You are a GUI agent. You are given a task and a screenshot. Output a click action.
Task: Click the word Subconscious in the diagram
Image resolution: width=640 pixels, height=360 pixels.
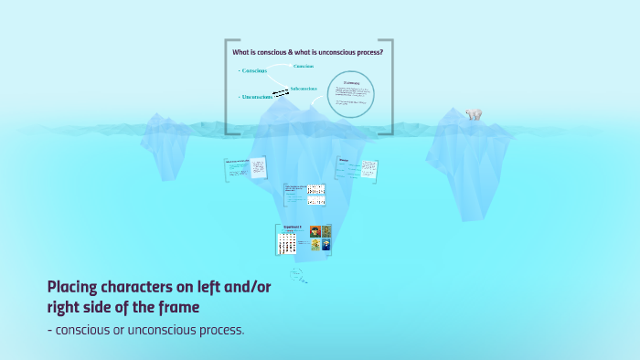pyautogui.click(x=304, y=89)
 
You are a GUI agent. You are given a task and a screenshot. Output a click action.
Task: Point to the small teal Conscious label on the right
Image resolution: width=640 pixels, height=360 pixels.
pyautogui.click(x=304, y=66)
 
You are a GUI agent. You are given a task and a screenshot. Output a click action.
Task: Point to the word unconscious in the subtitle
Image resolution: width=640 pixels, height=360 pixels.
pyautogui.click(x=169, y=329)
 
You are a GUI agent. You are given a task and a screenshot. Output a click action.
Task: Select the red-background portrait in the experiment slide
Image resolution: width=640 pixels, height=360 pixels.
pyautogui.click(x=315, y=232)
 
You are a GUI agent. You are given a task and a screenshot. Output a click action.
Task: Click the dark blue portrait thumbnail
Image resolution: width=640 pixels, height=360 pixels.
pyautogui.click(x=326, y=244)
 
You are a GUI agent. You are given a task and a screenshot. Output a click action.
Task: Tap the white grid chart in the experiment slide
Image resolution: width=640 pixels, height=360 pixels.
pyautogui.click(x=287, y=242)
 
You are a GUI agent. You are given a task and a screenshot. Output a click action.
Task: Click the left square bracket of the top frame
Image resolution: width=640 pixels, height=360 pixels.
pyautogui.click(x=228, y=87)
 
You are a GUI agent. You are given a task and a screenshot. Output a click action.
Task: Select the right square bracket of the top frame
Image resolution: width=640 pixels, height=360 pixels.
pyautogui.click(x=391, y=87)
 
